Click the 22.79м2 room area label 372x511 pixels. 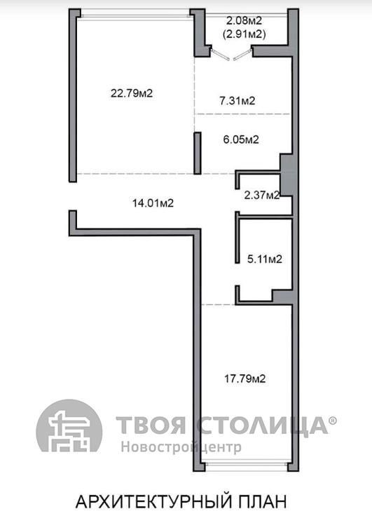click(x=132, y=93)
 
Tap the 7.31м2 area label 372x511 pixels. click(x=237, y=101)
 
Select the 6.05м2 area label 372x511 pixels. click(x=241, y=139)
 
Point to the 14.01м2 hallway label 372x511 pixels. click(x=153, y=203)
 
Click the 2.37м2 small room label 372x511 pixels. click(x=262, y=195)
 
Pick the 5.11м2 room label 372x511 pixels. click(x=265, y=259)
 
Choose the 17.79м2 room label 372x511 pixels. click(x=245, y=379)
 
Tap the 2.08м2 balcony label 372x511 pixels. click(x=244, y=21)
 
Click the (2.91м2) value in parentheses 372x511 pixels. click(x=244, y=34)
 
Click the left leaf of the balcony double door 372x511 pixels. click(x=220, y=54)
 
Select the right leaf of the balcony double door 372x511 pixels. click(x=242, y=54)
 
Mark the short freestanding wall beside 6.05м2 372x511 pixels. click(x=198, y=154)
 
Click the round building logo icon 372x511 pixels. click(x=69, y=426)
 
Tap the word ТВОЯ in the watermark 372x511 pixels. click(x=151, y=425)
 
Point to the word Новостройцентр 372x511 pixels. click(x=181, y=447)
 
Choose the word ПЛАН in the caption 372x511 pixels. click(x=262, y=501)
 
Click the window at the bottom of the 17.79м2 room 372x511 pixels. click(x=246, y=466)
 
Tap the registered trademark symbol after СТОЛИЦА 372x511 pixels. click(x=333, y=421)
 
